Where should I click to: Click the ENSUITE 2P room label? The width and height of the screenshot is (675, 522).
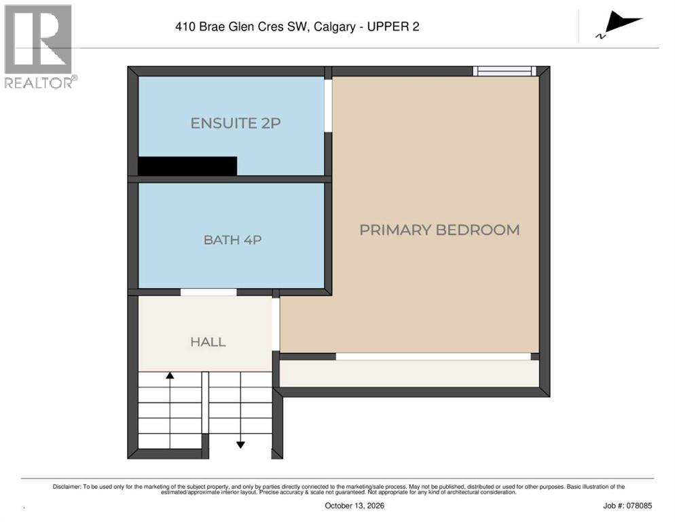[x=236, y=123]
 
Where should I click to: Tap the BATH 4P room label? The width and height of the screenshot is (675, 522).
[x=232, y=240]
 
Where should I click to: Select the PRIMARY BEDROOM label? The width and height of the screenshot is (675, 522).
[x=439, y=230]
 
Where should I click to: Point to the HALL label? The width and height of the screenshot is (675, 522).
[x=208, y=342]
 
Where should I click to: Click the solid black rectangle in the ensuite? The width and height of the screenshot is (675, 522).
[x=187, y=166]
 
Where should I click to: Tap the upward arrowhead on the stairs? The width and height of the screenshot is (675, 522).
[x=170, y=375]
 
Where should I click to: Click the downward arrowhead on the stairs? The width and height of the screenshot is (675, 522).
[x=240, y=445]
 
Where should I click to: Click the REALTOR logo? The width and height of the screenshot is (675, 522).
[x=40, y=46]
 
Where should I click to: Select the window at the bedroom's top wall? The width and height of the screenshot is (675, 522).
[x=505, y=71]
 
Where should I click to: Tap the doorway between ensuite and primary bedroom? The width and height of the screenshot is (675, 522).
[x=328, y=105]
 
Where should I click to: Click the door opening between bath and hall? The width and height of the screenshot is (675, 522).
[x=208, y=292]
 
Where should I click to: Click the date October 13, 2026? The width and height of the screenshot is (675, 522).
[x=354, y=506]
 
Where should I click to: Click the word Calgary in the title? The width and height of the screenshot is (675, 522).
[x=335, y=27]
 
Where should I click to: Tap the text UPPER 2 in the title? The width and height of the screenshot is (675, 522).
[x=393, y=27]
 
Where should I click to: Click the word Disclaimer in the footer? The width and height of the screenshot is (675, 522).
[x=67, y=487]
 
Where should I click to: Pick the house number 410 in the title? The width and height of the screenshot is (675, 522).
[x=185, y=27]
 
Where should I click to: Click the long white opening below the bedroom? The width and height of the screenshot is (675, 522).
[x=433, y=356]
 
